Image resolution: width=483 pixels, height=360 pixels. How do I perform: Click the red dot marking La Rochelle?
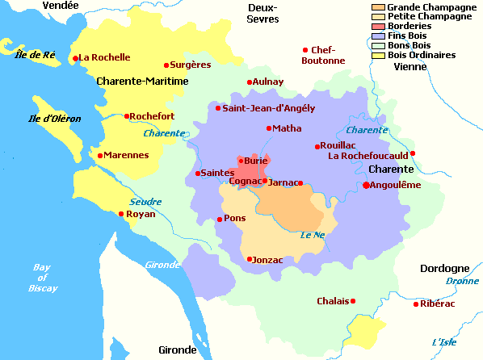point(75,58)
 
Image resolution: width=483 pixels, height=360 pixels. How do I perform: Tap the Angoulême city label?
point(396,185)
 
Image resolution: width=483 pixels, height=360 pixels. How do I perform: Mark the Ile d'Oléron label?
point(54,119)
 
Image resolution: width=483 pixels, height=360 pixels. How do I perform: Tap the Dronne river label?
point(461,281)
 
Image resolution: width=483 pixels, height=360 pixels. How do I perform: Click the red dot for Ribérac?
point(417,304)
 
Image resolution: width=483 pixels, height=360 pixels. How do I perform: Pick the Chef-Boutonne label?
point(322,55)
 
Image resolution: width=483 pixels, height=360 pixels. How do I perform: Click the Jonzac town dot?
point(250,259)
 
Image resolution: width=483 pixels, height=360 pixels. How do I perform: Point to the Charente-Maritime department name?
point(142,82)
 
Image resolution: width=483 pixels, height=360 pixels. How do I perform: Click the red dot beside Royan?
point(122,214)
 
